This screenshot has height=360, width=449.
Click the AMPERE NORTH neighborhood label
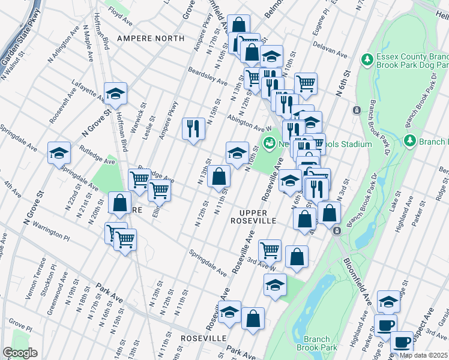coord(151,38)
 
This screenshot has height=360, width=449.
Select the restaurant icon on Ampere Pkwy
coord(193,129)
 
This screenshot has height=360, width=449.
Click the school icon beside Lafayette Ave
coord(115,94)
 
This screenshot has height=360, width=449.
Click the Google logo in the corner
coord(20,353)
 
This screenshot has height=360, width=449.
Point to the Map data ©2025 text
coord(424,355)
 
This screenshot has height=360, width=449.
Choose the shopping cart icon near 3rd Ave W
coord(270,250)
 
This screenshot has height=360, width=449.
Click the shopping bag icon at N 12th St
coord(220,177)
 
